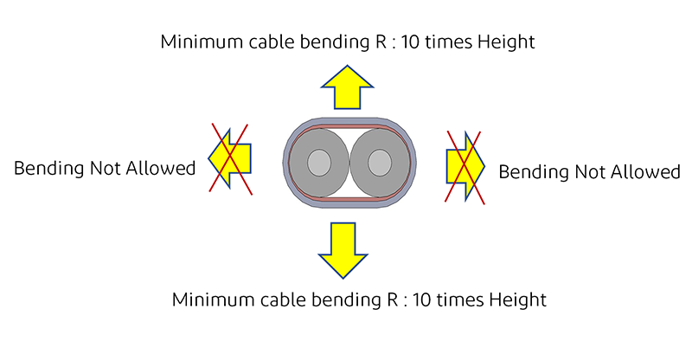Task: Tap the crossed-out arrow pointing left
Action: [228, 157]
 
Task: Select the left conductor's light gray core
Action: [320, 163]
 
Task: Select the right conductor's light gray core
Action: [379, 163]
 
